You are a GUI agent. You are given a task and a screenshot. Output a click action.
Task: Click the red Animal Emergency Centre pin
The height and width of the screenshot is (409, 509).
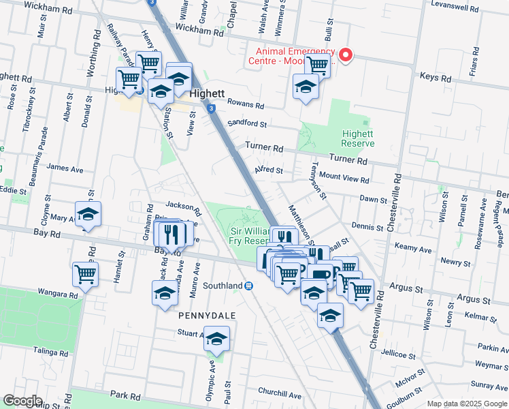[x=346, y=55]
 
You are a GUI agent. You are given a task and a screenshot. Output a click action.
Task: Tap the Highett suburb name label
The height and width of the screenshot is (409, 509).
[x=208, y=94]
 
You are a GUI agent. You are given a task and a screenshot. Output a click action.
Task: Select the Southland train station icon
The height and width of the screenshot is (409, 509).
[x=249, y=286]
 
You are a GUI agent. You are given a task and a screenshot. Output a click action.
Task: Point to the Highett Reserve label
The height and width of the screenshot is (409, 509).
[x=357, y=138]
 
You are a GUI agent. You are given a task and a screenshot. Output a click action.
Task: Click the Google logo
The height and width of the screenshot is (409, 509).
[x=22, y=401]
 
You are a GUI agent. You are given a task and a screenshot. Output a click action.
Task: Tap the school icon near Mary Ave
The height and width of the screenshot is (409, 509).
[x=88, y=214]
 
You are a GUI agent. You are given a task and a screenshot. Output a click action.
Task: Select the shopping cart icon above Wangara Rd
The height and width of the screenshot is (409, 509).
[x=86, y=274]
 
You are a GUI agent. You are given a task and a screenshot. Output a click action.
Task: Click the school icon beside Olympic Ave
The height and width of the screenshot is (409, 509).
[x=216, y=339]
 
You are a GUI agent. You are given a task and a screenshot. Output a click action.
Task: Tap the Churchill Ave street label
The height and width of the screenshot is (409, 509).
[x=279, y=394]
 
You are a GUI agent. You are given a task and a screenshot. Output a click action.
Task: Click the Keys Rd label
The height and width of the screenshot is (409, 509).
[x=436, y=78]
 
